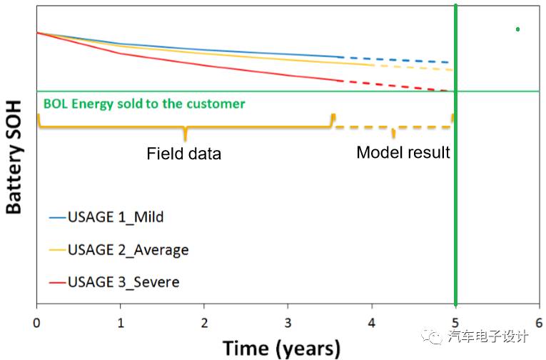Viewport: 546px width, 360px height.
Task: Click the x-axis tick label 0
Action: point(36,321)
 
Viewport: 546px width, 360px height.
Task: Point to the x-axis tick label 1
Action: point(120,321)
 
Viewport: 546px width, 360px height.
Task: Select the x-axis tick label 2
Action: point(204,321)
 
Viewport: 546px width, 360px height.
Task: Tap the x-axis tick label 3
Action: point(288,321)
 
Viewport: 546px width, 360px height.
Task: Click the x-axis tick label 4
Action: point(371,321)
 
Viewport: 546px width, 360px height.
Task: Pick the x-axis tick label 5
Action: point(455,321)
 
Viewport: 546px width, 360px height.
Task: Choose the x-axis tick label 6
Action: point(539,321)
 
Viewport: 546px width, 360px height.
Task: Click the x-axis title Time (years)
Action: point(281,348)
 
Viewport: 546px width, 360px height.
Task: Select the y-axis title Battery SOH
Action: point(14,157)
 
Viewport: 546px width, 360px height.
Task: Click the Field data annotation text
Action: point(184,154)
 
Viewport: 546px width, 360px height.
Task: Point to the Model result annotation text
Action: point(403,152)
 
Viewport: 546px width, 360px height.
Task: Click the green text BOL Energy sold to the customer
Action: point(144,104)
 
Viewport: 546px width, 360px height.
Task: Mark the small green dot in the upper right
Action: point(517,29)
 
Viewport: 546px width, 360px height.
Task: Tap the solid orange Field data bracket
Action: point(185,127)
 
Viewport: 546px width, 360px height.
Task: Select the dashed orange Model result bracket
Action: point(393,127)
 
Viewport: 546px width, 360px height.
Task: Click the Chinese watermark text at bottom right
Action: point(489,336)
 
